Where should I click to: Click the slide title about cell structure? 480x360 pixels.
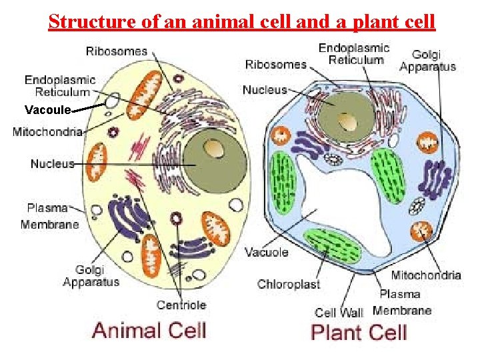tap(241, 22)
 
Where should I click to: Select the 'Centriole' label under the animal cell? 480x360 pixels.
tap(181, 305)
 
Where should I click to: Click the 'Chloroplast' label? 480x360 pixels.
tap(289, 284)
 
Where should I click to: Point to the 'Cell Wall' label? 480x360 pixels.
tap(339, 312)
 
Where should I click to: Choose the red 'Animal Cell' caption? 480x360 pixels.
tap(149, 330)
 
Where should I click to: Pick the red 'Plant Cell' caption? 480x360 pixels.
tap(359, 331)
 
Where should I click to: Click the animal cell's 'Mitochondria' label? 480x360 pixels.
tap(47, 132)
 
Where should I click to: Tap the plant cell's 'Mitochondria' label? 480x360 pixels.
tap(426, 275)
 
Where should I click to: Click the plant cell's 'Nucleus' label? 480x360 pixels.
tap(265, 89)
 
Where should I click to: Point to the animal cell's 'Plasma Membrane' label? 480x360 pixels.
tap(50, 215)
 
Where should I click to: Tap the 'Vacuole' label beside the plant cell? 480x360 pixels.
tap(267, 252)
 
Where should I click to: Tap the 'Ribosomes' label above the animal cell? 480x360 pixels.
tap(117, 51)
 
